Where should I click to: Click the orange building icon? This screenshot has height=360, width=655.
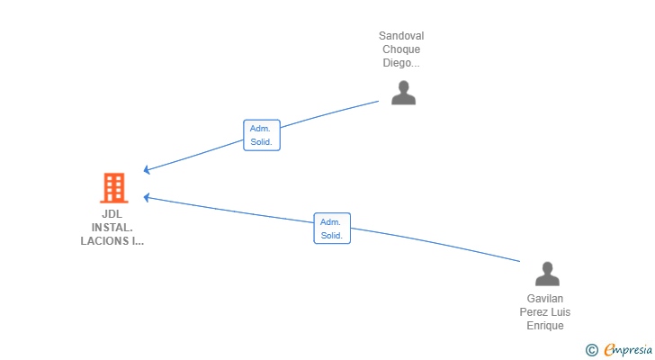pyautogui.click(x=113, y=188)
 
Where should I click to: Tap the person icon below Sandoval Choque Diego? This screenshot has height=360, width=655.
pyautogui.click(x=403, y=93)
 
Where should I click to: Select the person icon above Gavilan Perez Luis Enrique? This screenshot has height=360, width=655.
pyautogui.click(x=546, y=274)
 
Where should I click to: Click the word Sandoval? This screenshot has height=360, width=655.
pyautogui.click(x=401, y=36)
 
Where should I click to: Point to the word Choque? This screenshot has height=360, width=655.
pyautogui.click(x=401, y=49)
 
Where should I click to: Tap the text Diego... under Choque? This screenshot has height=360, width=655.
pyautogui.click(x=401, y=63)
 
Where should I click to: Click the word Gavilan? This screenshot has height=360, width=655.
pyautogui.click(x=545, y=298)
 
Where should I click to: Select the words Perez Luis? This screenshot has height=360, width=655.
pyautogui.click(x=545, y=311)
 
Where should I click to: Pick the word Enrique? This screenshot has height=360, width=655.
pyautogui.click(x=545, y=325)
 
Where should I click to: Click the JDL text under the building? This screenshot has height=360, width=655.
pyautogui.click(x=112, y=214)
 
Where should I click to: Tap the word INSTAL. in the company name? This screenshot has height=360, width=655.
pyautogui.click(x=112, y=228)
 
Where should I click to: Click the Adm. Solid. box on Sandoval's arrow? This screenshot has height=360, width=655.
pyautogui.click(x=261, y=135)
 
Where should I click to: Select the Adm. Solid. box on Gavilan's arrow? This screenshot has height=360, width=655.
pyautogui.click(x=331, y=229)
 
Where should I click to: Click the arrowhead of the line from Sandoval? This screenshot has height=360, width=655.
pyautogui.click(x=148, y=170)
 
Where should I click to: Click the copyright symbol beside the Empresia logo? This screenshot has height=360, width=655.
pyautogui.click(x=591, y=349)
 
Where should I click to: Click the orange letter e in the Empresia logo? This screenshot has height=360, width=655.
pyautogui.click(x=609, y=349)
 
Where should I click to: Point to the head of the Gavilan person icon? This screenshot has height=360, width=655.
pyautogui.click(x=546, y=267)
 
